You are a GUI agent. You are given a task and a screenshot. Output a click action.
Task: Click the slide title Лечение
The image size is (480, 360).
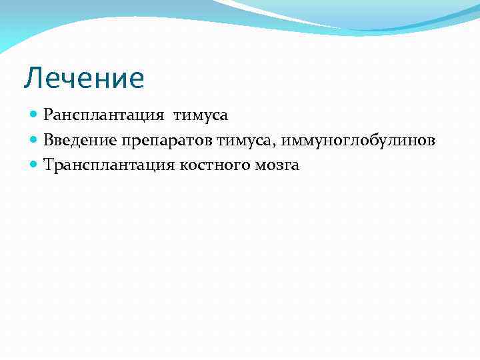click(84, 79)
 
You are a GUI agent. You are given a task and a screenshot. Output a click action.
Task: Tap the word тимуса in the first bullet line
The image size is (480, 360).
click(201, 115)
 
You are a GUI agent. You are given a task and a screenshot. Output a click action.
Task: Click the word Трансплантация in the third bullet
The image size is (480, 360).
click(109, 165)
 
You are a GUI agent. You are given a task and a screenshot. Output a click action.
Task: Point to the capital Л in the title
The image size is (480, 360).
click(32, 79)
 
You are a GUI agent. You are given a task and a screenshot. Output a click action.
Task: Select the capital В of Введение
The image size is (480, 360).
click(48, 140)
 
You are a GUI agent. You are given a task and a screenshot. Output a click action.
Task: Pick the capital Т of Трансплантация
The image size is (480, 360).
click(48, 165)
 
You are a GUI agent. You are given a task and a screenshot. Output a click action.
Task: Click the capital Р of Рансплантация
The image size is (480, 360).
click(47, 115)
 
